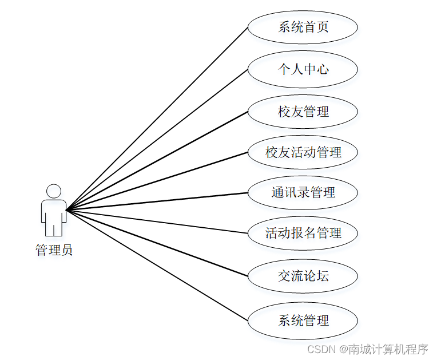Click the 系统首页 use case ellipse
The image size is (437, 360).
click(x=303, y=27)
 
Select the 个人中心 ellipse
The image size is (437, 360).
click(x=303, y=69)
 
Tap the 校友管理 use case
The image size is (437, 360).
click(x=303, y=111)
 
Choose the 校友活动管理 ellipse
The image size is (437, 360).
click(x=303, y=152)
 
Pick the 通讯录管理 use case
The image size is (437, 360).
click(x=303, y=193)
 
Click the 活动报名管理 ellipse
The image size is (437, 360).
click(x=303, y=234)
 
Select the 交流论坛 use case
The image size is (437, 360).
click(x=303, y=276)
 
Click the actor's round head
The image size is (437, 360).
click(x=54, y=191)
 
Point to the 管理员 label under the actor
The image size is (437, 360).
click(x=54, y=250)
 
